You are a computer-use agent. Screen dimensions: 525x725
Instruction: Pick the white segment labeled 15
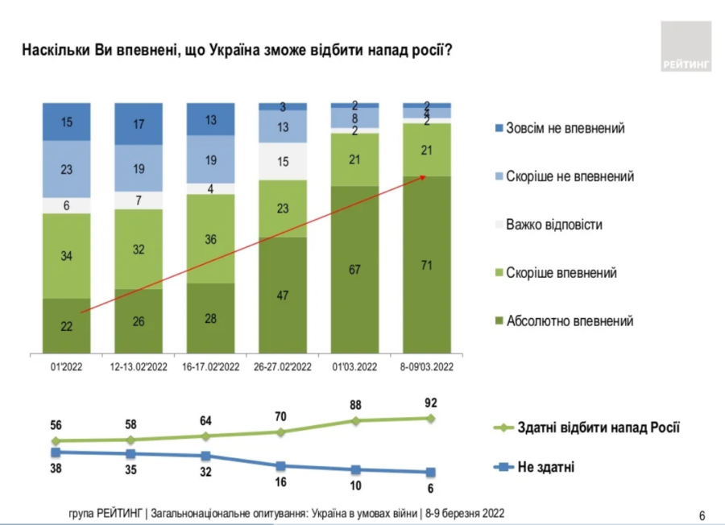[281, 161]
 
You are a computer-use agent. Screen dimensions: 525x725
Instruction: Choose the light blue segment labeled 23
[66, 169]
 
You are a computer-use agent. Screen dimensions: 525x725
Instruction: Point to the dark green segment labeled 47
[281, 295]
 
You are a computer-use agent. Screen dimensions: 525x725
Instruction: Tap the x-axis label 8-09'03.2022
[425, 366]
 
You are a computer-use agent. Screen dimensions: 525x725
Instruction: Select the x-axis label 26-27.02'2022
[281, 366]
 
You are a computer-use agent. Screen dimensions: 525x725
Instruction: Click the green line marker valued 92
[430, 418]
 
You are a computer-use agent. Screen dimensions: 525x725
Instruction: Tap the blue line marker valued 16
[280, 466]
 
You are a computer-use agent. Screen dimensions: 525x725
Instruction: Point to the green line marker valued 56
[56, 441]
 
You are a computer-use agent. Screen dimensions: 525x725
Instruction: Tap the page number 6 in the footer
[702, 515]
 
